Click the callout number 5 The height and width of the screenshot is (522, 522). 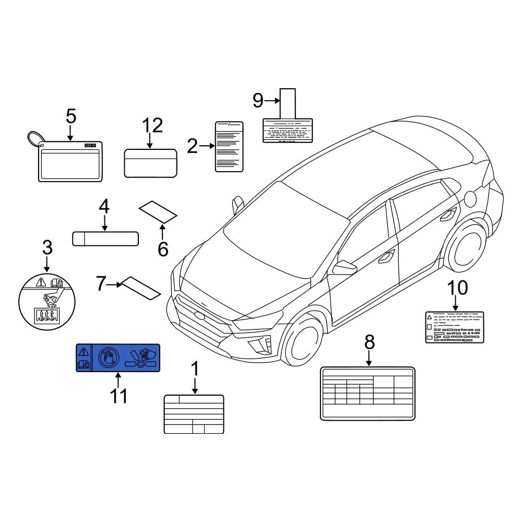71,116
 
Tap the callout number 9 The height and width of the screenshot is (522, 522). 258,100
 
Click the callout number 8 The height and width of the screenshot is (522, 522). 369,342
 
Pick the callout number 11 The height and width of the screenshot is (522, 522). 118,396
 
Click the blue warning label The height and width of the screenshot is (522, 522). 118,358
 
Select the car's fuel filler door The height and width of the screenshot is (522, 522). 470,198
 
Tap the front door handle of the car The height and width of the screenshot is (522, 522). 387,256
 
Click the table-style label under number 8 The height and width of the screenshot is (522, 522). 367,393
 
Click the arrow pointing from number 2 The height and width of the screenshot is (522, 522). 207,147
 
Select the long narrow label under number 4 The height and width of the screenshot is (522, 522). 105,239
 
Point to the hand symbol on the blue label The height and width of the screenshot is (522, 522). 107,358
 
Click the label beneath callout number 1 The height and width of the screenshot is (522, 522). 194,414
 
